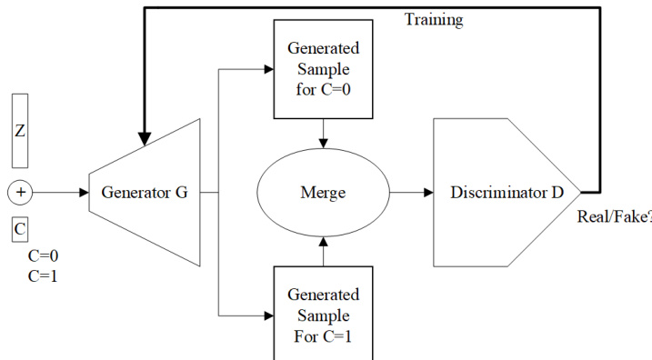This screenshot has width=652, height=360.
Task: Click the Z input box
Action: point(20,131)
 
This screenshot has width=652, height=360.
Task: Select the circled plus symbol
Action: point(20,193)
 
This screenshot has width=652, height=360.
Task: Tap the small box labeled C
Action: point(20,229)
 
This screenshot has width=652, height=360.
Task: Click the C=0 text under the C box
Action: point(44,255)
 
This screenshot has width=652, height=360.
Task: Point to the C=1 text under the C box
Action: point(43,276)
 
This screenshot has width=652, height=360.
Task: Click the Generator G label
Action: point(145,193)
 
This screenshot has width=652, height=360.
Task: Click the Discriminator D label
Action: point(507,193)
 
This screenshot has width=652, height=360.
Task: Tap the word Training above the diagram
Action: point(434,19)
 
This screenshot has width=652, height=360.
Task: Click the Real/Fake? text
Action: point(615,216)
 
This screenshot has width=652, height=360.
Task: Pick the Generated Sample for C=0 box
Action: point(323,69)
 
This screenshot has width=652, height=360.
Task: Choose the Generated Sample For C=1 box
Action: point(323,313)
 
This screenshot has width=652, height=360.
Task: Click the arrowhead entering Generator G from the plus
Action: point(84,193)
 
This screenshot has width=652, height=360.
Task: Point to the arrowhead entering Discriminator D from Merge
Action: point(428,193)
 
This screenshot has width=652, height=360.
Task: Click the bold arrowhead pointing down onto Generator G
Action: point(145,139)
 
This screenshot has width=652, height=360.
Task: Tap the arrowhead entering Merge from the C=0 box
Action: point(323,144)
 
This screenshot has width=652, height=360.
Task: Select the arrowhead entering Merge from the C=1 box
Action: point(323,242)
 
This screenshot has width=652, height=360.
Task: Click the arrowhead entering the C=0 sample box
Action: point(268,69)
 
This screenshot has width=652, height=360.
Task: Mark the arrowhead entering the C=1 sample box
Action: point(268,316)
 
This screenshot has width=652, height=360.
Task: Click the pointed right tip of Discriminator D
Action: point(580,193)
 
